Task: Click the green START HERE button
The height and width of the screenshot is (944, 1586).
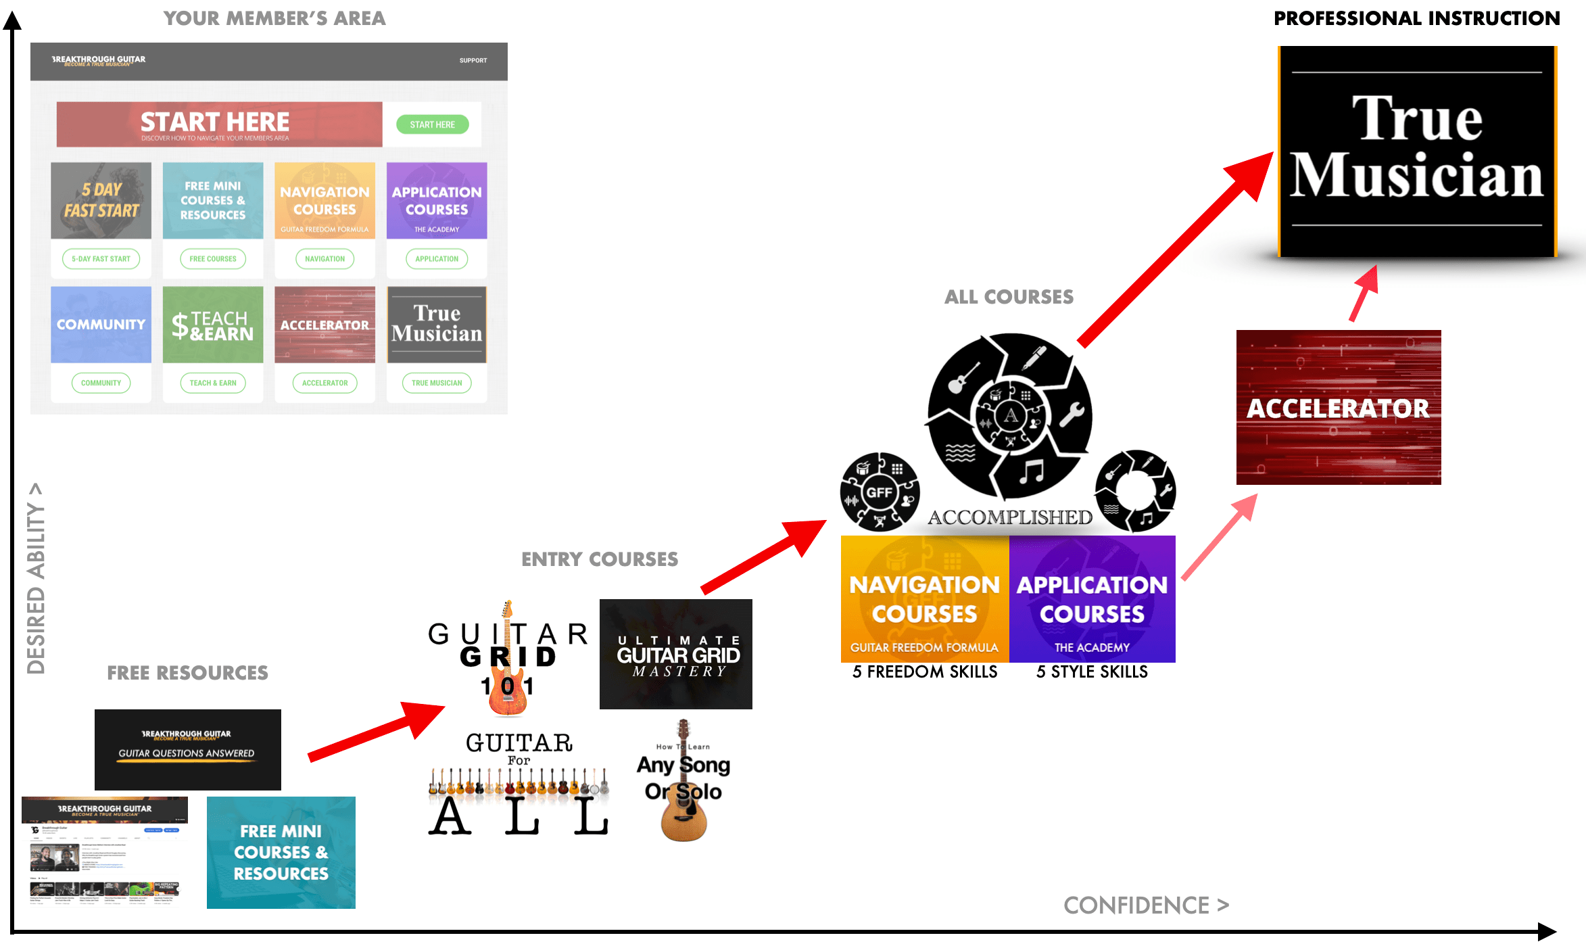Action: [432, 124]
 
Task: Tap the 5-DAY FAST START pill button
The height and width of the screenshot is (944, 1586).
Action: [101, 258]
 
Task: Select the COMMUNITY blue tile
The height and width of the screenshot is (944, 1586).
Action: [101, 325]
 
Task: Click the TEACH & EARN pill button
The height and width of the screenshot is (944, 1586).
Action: [213, 383]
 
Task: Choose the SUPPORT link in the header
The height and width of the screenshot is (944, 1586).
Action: [473, 60]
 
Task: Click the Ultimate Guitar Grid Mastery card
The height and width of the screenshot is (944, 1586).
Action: [675, 654]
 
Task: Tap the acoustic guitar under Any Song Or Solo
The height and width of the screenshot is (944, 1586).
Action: [684, 815]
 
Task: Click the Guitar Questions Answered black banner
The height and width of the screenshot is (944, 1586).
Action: [187, 749]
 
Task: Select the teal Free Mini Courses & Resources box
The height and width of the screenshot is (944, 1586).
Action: [281, 852]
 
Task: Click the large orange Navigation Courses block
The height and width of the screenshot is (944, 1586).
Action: [924, 599]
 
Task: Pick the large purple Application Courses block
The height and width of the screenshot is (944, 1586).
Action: [1092, 599]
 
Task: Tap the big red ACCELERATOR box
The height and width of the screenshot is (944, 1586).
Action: [1338, 407]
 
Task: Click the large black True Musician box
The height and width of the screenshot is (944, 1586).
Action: [1417, 151]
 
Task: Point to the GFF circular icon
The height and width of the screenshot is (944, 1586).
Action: [880, 492]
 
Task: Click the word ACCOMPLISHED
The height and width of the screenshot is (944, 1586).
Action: [1010, 517]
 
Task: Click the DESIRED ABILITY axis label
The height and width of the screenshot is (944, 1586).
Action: [36, 579]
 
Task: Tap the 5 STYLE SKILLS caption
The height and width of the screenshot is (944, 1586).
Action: [1092, 671]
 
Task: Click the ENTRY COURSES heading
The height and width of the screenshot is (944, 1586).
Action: [600, 559]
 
